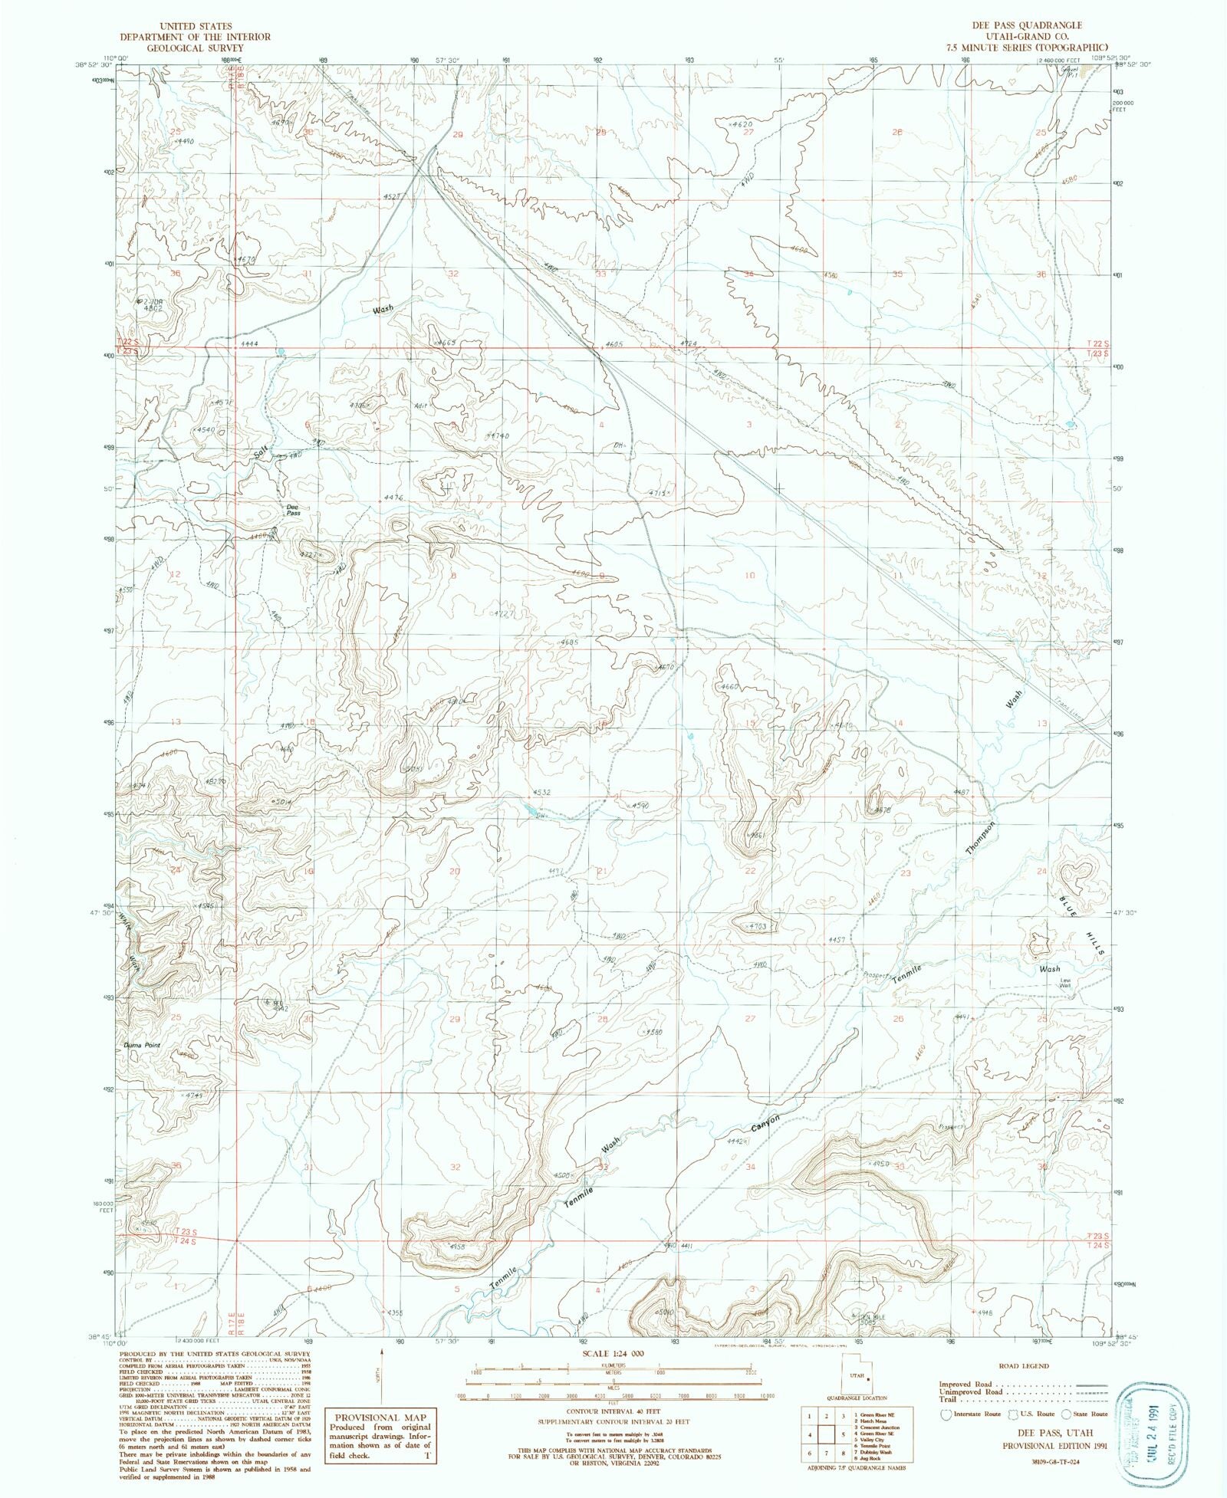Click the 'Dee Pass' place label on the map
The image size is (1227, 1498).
pyautogui.click(x=293, y=510)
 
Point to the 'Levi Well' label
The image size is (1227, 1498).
pyautogui.click(x=1064, y=983)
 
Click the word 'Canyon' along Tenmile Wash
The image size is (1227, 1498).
pyautogui.click(x=765, y=1123)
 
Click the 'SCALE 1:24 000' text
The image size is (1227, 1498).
pyautogui.click(x=612, y=1353)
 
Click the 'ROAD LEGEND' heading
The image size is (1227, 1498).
pyautogui.click(x=1023, y=1366)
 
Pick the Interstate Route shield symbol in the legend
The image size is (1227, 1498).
pyautogui.click(x=945, y=1414)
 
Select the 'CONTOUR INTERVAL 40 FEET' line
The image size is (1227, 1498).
pyautogui.click(x=612, y=1411)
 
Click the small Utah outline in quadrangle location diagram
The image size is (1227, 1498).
pyautogui.click(x=857, y=1376)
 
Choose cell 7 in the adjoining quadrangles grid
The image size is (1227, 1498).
pyautogui.click(x=827, y=1452)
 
